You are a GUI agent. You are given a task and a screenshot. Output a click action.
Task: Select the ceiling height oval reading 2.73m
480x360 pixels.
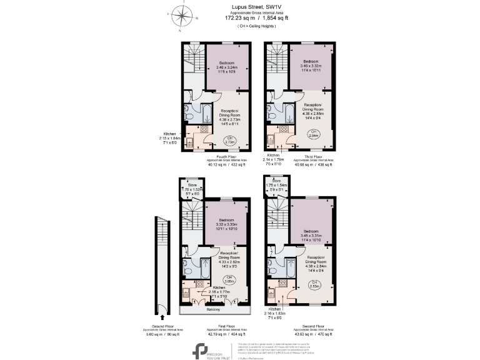231,141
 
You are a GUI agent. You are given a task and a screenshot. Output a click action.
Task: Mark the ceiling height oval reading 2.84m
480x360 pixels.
313,133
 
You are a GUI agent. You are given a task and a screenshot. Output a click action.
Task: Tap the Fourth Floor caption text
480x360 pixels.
225,156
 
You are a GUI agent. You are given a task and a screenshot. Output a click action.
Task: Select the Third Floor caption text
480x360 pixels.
313,156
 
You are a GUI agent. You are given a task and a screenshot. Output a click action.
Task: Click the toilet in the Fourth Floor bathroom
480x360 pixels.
190,114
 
